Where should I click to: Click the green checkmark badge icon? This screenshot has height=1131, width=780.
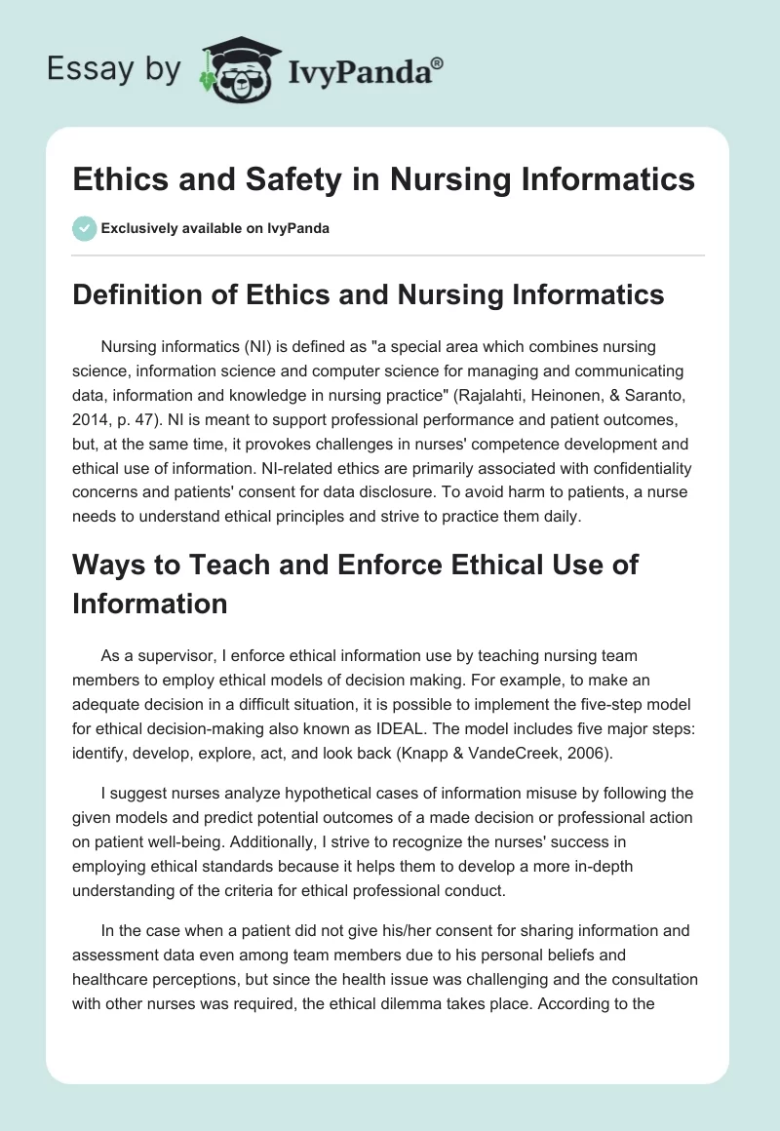[84, 228]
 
